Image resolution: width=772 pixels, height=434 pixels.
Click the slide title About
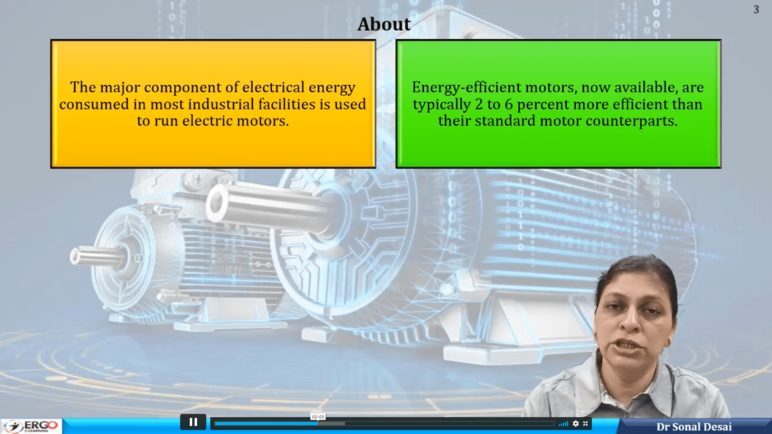pyautogui.click(x=384, y=24)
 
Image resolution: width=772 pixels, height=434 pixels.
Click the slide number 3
pyautogui.click(x=756, y=10)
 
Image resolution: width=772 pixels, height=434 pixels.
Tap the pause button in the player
pyautogui.click(x=193, y=422)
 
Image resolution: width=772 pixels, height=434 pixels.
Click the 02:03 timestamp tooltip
pyautogui.click(x=318, y=417)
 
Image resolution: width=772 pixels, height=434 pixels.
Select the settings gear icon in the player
pyautogui.click(x=576, y=424)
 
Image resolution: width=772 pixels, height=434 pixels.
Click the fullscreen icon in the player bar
pyautogui.click(x=585, y=424)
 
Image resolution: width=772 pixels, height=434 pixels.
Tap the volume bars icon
pyautogui.click(x=563, y=424)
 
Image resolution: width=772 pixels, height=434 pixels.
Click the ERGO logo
pyautogui.click(x=32, y=426)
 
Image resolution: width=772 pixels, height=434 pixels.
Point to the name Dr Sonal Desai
pyautogui.click(x=694, y=427)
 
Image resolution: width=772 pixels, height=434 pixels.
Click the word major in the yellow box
pyautogui.click(x=119, y=88)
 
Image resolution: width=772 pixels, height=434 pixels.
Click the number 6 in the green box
pyautogui.click(x=509, y=104)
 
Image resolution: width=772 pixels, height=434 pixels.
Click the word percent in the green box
pyautogui.click(x=543, y=104)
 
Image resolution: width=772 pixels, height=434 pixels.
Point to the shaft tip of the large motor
pyautogui.click(x=217, y=203)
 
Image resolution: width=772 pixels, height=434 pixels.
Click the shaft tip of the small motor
pyautogui.click(x=75, y=256)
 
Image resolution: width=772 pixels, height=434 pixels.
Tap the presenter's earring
pyautogui.click(x=669, y=343)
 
